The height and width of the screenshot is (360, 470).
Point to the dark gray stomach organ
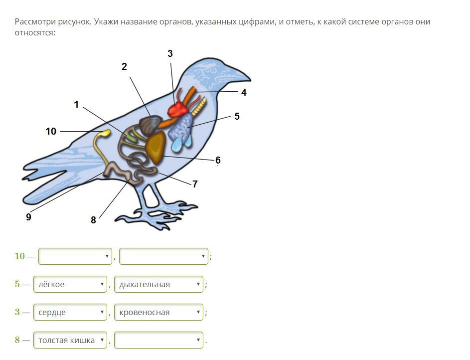(x=150, y=125)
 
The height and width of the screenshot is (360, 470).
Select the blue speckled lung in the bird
(x=181, y=129)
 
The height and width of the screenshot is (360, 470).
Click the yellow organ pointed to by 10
(x=106, y=133)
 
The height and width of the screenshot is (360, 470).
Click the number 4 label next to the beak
(x=244, y=92)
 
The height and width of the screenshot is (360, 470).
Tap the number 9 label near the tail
(x=28, y=217)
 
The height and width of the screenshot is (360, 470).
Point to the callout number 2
(x=124, y=66)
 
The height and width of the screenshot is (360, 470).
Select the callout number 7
(x=195, y=184)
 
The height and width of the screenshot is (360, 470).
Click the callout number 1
(x=76, y=104)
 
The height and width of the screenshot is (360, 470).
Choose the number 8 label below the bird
(x=93, y=220)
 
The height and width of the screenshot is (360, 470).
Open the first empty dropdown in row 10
(x=75, y=256)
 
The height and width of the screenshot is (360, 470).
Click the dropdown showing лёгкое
(x=70, y=284)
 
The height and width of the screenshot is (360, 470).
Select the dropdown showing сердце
(x=70, y=312)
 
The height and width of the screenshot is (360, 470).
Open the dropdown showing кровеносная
(x=158, y=312)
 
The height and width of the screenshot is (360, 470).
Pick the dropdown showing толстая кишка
(x=70, y=340)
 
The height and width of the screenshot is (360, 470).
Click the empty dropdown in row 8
(x=158, y=340)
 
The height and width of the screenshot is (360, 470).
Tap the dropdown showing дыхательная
(x=158, y=284)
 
